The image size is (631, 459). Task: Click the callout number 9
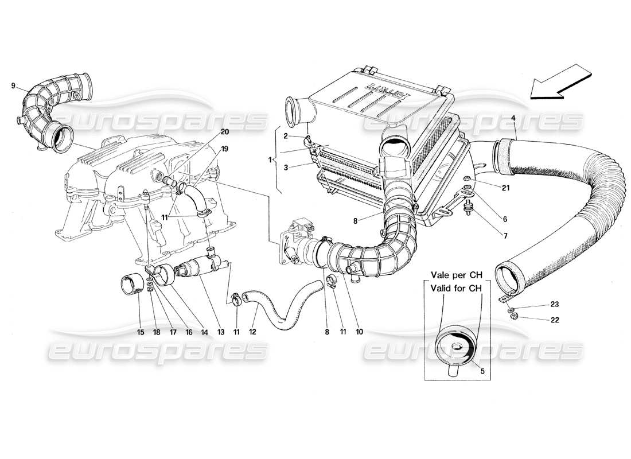[13, 86]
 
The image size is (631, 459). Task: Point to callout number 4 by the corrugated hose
[513, 119]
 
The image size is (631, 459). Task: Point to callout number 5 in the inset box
[482, 371]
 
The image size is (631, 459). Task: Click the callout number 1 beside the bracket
[270, 160]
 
